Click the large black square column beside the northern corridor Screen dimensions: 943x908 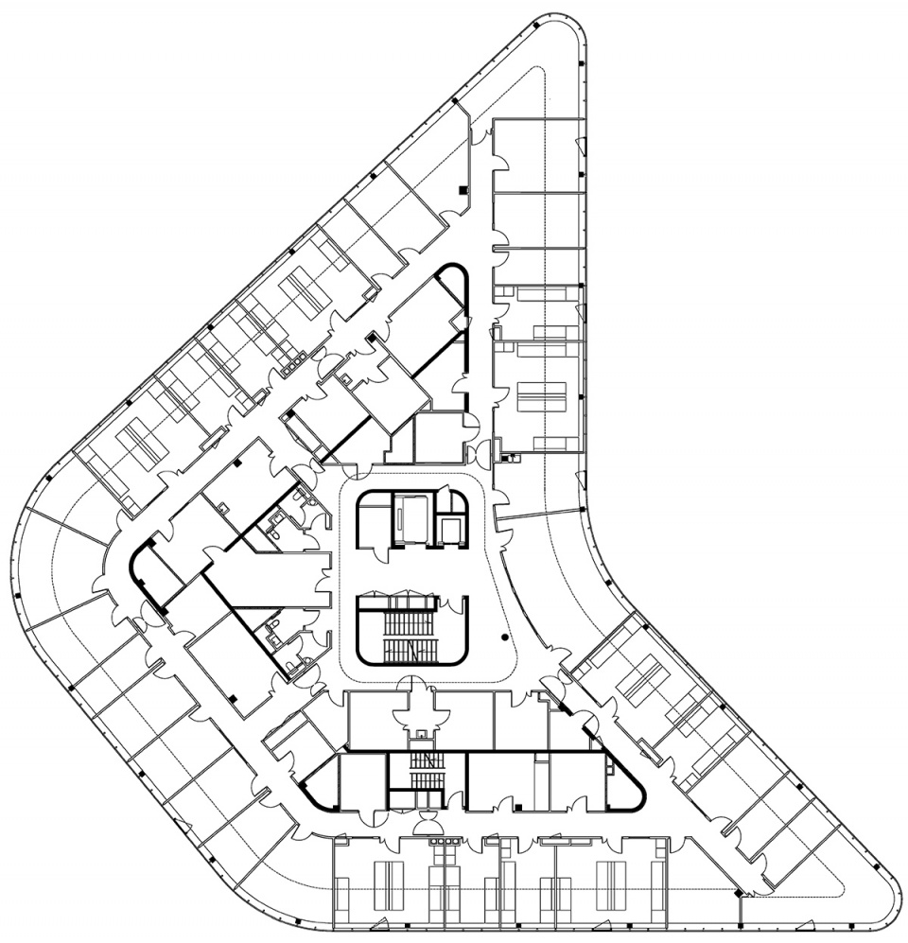click(462, 191)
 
